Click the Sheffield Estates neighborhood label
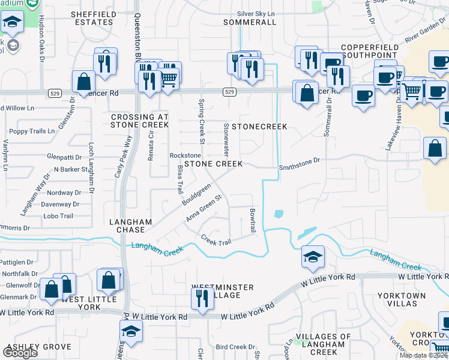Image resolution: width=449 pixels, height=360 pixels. (92, 17)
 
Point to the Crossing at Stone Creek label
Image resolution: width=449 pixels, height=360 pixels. (139, 121)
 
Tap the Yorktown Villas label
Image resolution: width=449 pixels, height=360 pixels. (402, 301)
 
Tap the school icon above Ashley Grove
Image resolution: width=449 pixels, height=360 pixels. (130, 331)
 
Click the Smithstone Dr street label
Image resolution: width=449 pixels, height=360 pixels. (300, 160)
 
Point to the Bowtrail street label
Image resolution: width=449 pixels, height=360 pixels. (253, 221)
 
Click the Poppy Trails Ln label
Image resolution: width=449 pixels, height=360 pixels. (32, 131)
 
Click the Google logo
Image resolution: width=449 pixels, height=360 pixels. (20, 353)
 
